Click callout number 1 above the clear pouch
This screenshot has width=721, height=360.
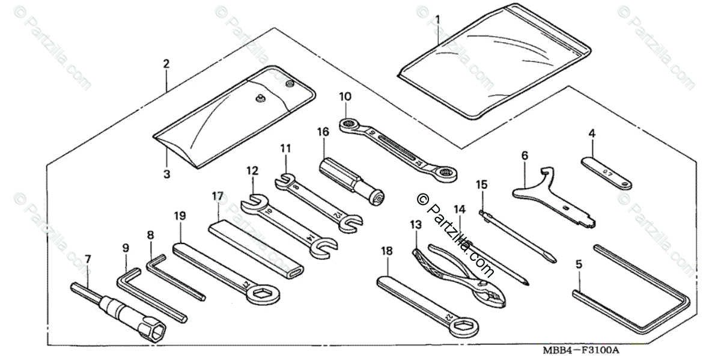pyautogui.click(x=437, y=19)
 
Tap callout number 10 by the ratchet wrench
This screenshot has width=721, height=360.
pyautogui.click(x=345, y=96)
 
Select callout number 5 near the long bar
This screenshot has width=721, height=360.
pyautogui.click(x=579, y=264)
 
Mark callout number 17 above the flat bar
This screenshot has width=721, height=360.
pyautogui.click(x=218, y=196)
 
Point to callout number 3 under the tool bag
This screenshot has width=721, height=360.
pyautogui.click(x=166, y=174)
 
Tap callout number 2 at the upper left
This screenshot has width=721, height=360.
pyautogui.click(x=166, y=64)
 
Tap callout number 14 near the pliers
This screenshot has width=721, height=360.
pyautogui.click(x=460, y=209)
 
